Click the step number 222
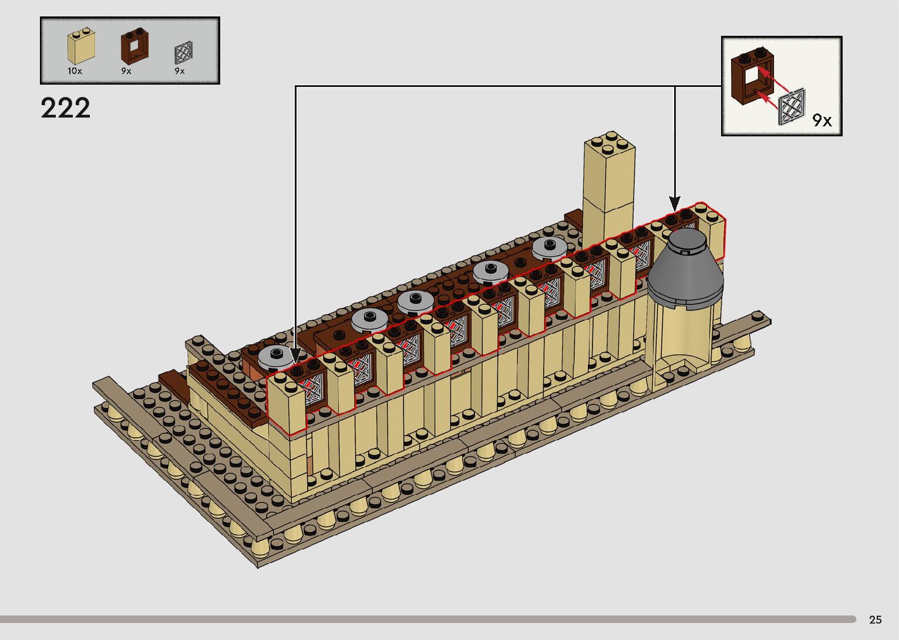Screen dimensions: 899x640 pos(65,108)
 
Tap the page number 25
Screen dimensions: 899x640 pos(876,619)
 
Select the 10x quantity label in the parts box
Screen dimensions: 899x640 pos(75,71)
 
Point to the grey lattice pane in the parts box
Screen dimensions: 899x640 pos(184,53)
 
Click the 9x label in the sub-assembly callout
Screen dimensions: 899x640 pos(822,120)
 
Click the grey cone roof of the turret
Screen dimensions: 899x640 pos(685,270)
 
